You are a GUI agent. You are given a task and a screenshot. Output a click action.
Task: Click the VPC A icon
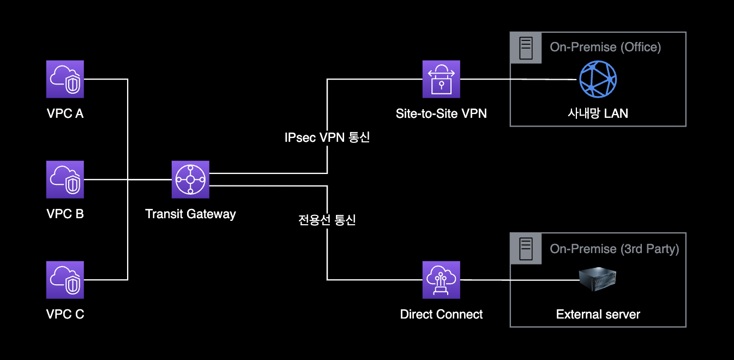tap(65, 79)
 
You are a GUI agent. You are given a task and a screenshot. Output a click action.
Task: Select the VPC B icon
tap(65, 179)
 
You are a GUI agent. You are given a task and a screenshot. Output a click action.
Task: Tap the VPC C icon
tap(65, 280)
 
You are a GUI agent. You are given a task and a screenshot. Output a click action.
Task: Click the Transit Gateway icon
tap(190, 179)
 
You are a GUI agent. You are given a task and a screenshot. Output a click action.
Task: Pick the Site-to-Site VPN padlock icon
tap(441, 79)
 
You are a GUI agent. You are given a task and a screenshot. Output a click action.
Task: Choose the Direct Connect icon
tap(441, 280)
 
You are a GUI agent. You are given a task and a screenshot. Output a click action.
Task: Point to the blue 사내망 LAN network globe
tap(598, 79)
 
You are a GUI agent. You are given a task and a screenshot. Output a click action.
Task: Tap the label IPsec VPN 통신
tap(327, 137)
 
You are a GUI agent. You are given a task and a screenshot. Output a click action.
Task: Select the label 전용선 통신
tap(327, 220)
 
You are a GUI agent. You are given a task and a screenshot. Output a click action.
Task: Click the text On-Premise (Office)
tap(605, 47)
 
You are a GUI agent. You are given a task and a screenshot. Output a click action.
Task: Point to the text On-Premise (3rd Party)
tap(615, 249)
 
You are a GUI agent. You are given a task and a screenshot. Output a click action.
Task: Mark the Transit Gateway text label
tap(190, 214)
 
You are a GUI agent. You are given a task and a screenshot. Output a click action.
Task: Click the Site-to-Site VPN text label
tap(441, 113)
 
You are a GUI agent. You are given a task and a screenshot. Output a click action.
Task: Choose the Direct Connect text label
tap(441, 314)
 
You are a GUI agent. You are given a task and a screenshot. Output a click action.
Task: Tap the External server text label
tap(598, 314)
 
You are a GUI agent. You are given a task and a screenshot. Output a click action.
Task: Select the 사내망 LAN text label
tap(598, 113)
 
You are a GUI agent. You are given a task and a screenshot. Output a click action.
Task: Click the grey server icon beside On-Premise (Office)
tap(526, 47)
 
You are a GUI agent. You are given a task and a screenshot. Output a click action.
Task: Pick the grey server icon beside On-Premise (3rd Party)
tap(526, 249)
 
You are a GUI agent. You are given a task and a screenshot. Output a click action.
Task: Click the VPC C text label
tap(65, 314)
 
